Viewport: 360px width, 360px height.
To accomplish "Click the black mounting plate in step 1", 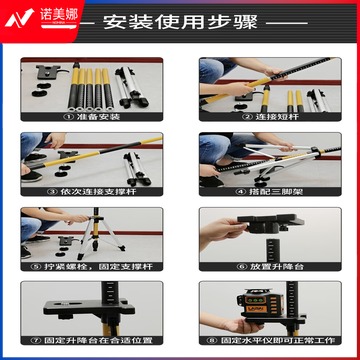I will tap(45, 73).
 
